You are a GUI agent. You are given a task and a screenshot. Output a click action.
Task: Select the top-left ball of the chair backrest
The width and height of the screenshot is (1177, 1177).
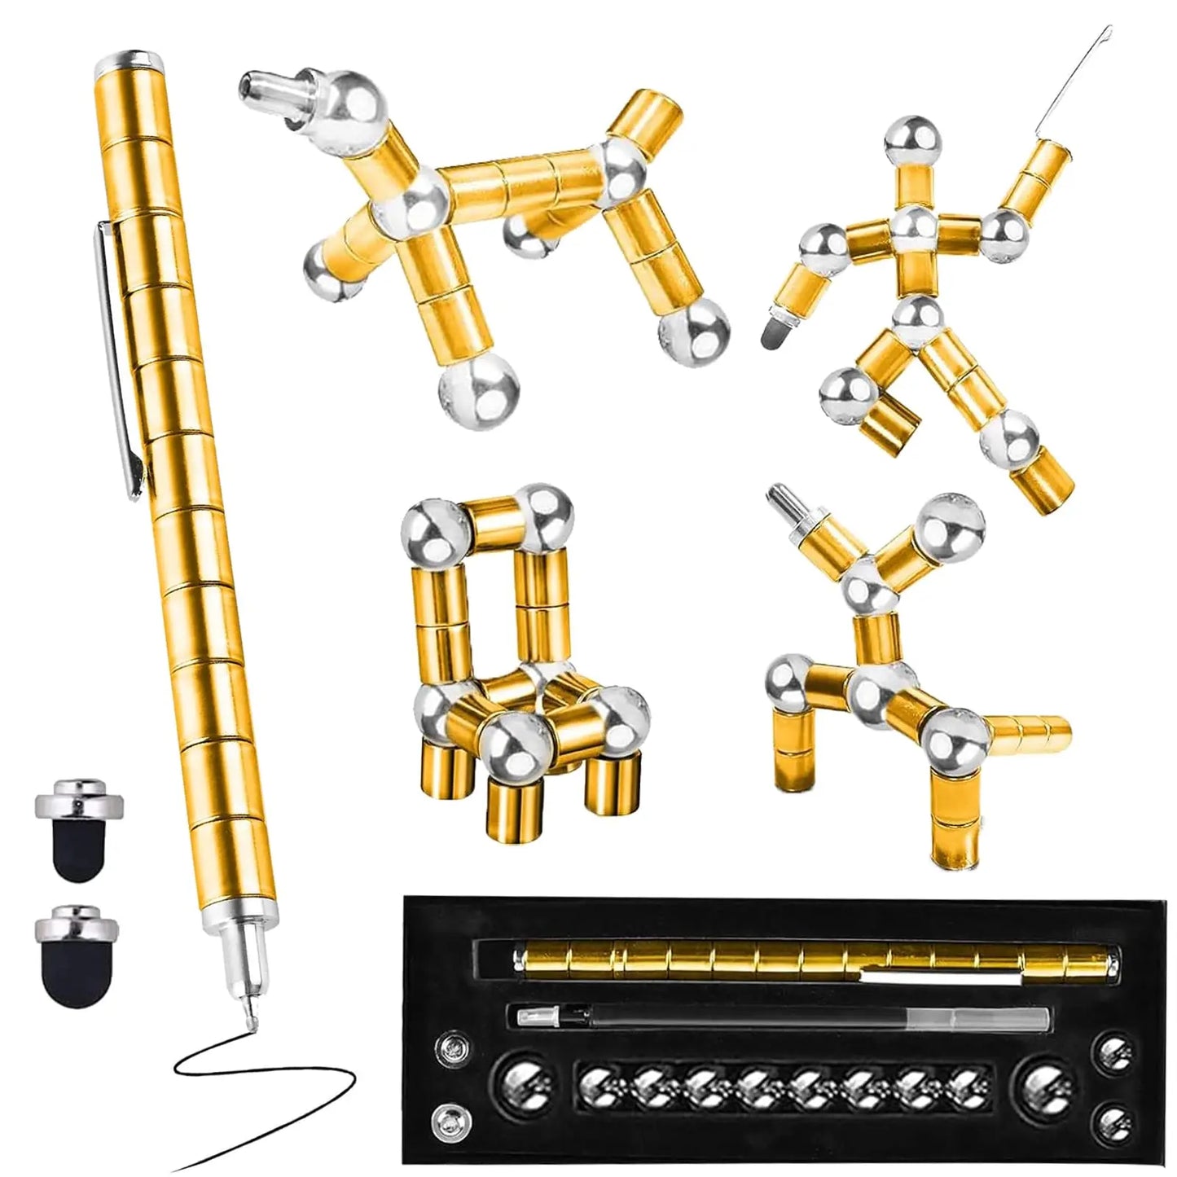coord(432,528)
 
